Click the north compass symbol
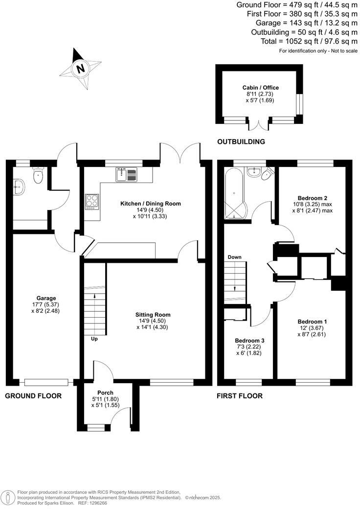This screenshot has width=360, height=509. [80, 68]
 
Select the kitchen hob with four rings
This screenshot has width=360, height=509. [92, 202]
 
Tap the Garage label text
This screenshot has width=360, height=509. [46, 298]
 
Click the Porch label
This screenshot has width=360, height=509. [105, 393]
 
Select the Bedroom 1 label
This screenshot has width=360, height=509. [312, 322]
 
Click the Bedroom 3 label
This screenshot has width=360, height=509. [249, 341]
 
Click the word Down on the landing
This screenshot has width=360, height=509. [235, 257]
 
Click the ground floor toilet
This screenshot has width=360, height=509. [38, 176]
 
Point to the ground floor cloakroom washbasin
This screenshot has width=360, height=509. [20, 185]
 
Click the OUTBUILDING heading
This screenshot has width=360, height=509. [241, 142]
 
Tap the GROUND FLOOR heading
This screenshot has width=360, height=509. [33, 396]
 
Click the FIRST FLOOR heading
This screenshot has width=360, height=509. [240, 396]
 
